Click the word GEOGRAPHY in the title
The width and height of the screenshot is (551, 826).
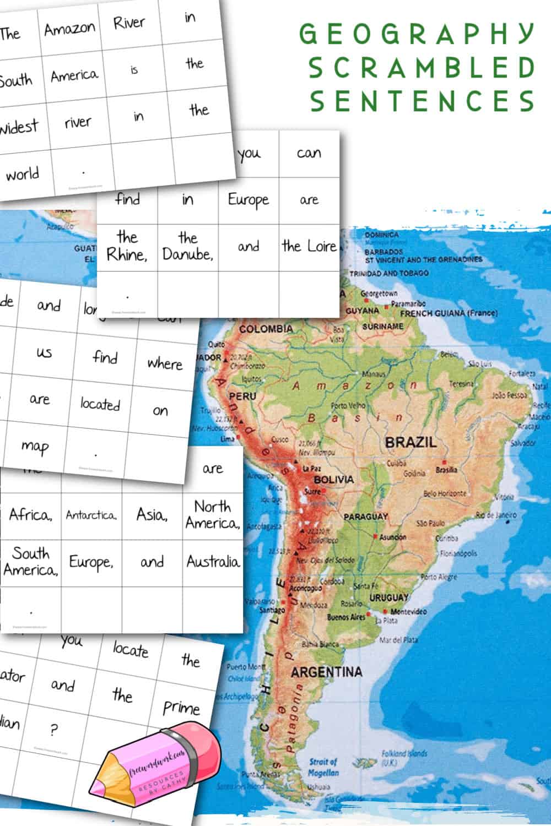pyautogui.click(x=417, y=34)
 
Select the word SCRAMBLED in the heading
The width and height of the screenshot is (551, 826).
pyautogui.click(x=422, y=68)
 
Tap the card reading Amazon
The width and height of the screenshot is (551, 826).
pyautogui.click(x=70, y=28)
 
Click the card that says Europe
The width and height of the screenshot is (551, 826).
pyautogui.click(x=249, y=200)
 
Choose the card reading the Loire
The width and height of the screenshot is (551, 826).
pyautogui.click(x=309, y=246)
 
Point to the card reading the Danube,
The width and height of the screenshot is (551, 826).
pyautogui.click(x=187, y=246)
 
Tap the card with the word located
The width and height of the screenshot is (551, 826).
pyautogui.click(x=100, y=404)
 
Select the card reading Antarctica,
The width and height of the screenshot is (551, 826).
pyautogui.click(x=91, y=515)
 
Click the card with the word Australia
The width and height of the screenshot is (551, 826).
pyautogui.click(x=213, y=562)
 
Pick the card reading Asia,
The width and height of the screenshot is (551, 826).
pyautogui.click(x=152, y=515)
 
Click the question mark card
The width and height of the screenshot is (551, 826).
pyautogui.click(x=53, y=731)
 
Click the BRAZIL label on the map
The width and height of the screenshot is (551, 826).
pyautogui.click(x=410, y=442)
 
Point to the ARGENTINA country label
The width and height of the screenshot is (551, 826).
pyautogui.click(x=326, y=672)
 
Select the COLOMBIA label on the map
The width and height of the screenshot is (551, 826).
pyautogui.click(x=266, y=329)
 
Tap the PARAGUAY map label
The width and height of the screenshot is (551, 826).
pyautogui.click(x=366, y=517)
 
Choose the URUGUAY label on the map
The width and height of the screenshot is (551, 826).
pyautogui.click(x=389, y=597)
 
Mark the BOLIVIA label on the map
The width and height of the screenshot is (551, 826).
pyautogui.click(x=334, y=480)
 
